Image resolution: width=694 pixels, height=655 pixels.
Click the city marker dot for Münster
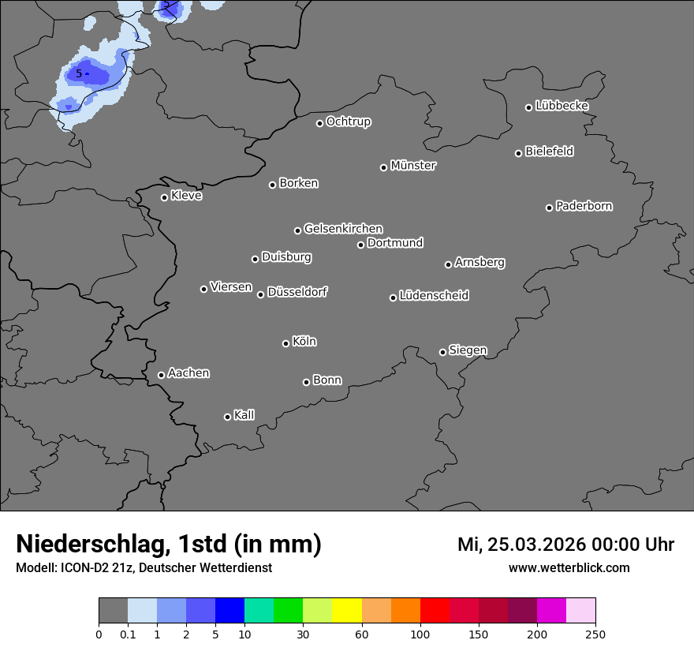click(x=384, y=167)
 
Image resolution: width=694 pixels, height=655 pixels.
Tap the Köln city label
click(x=304, y=342)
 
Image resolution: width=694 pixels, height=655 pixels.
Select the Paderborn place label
click(x=584, y=206)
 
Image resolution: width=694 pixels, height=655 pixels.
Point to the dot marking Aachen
click(x=161, y=375)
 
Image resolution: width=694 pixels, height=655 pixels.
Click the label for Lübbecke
click(x=562, y=106)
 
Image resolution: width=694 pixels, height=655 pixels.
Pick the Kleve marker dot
click(x=164, y=197)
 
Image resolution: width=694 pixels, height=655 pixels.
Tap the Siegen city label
click(x=468, y=350)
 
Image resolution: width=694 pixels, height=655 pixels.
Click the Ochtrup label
click(x=349, y=122)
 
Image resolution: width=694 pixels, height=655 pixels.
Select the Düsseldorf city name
click(x=297, y=292)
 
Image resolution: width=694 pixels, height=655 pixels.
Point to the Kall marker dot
click(x=227, y=417)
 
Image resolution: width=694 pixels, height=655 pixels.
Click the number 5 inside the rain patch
click(x=79, y=73)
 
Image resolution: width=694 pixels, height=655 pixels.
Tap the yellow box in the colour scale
click(x=347, y=611)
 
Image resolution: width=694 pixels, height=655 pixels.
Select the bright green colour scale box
click(x=289, y=611)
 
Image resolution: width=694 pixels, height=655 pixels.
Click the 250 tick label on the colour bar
click(x=595, y=634)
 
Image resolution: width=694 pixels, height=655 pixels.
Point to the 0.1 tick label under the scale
click(x=128, y=634)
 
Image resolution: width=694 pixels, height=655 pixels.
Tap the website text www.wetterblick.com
click(x=569, y=567)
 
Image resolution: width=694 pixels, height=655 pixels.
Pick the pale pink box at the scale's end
click(x=581, y=611)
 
